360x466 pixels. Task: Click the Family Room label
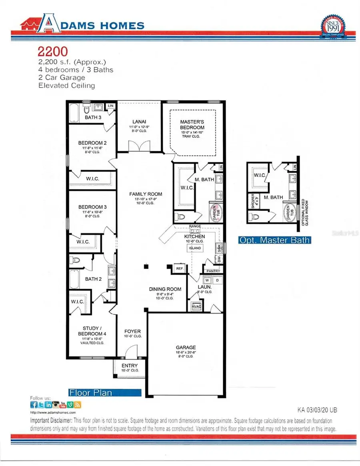point(146,194)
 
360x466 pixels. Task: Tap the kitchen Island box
point(195,248)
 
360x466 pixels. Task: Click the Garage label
point(186,347)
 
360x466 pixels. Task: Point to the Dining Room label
point(165,289)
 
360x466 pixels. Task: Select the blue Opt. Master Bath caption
point(274,240)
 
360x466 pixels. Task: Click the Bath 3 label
point(92,118)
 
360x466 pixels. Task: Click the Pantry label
point(214,271)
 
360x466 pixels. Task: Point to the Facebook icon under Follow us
point(34,405)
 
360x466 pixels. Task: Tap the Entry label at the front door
point(129,366)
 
